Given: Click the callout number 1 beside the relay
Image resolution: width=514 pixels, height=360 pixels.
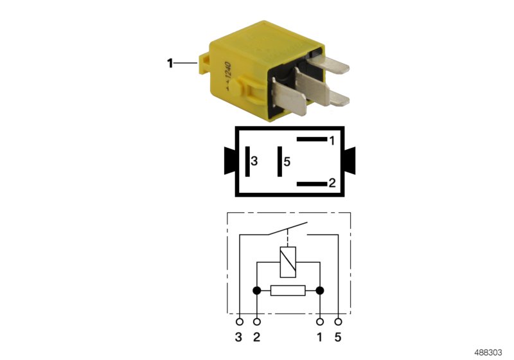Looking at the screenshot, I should click(x=170, y=63).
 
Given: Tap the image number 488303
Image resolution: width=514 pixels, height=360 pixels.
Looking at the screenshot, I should click(x=490, y=352).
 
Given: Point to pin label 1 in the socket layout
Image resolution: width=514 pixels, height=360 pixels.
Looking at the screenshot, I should click(x=332, y=139).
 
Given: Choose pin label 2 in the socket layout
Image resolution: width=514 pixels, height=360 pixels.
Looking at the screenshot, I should click(x=332, y=183).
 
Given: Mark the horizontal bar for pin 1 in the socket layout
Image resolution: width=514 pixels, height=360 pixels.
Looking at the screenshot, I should click(x=312, y=139).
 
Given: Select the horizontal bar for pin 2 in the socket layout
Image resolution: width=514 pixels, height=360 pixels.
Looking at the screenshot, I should click(x=312, y=184).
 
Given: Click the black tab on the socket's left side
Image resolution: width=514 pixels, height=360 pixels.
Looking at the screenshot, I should click(x=229, y=161).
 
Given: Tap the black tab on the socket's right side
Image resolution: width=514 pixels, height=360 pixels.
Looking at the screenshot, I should click(x=350, y=161).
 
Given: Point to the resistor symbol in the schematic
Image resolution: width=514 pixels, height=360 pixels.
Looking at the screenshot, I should click(x=288, y=291).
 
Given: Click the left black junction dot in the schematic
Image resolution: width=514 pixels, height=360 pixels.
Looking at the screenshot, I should click(x=257, y=291).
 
